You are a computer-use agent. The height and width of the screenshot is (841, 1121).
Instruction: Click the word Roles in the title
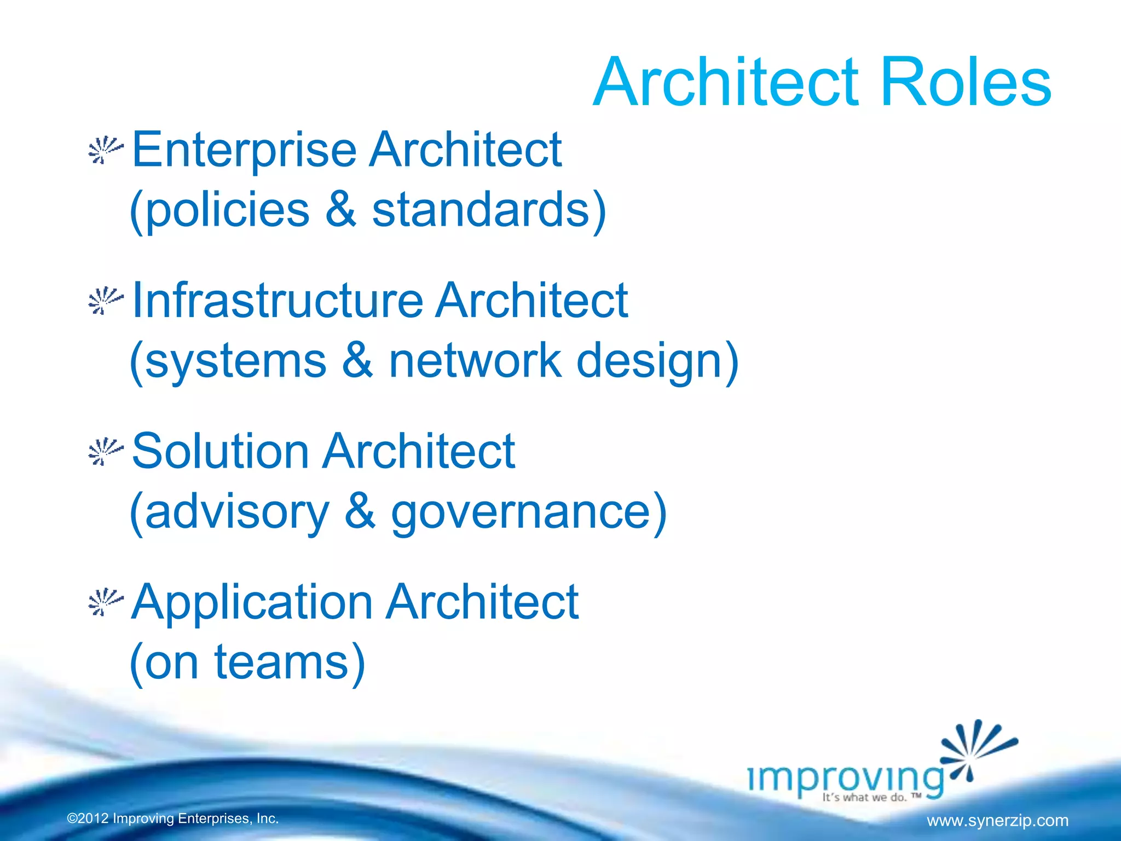966,82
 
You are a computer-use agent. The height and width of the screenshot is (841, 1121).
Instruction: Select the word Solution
221,451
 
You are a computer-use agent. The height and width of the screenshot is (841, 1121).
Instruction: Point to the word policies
228,211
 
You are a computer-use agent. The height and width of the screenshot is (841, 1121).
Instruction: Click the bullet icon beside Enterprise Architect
105,151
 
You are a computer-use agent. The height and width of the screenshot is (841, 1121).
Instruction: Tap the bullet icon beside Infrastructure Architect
105,301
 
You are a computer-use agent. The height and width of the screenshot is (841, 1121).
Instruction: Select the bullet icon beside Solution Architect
105,452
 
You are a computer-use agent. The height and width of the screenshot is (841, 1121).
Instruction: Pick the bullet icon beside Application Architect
105,603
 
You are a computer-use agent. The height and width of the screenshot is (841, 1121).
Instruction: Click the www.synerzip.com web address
997,820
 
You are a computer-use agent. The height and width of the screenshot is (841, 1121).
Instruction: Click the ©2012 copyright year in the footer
88,819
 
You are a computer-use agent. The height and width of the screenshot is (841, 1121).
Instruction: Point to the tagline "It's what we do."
865,797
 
